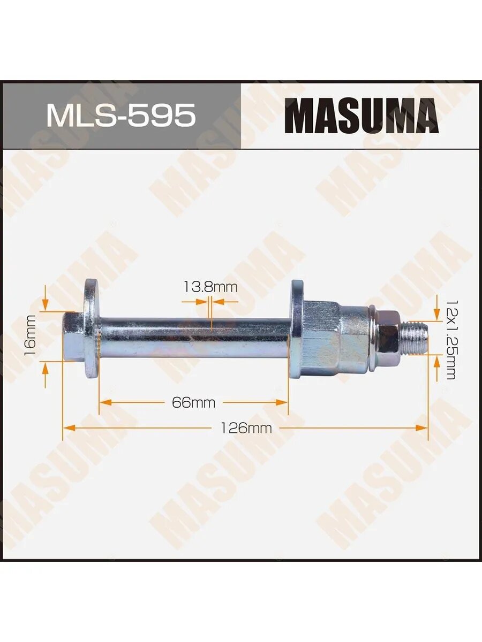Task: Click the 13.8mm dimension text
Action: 210,287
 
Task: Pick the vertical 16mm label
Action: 31,335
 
